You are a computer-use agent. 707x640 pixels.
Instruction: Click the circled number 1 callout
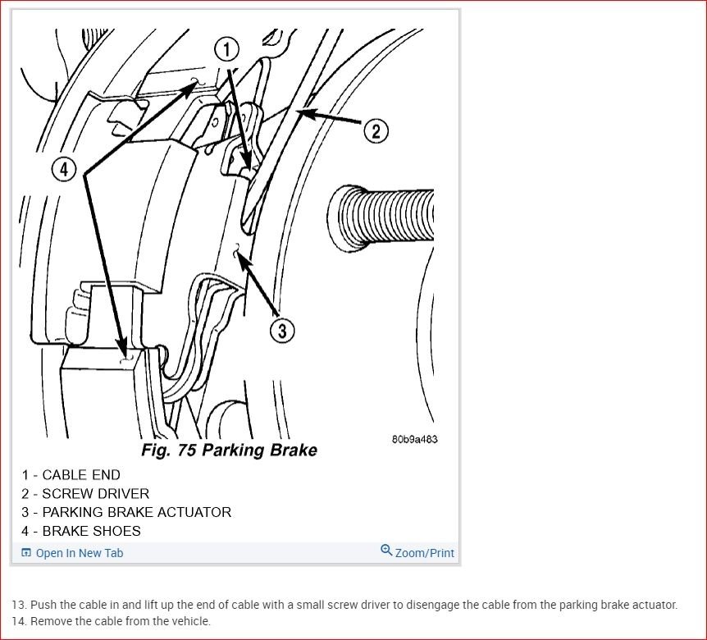click(x=227, y=49)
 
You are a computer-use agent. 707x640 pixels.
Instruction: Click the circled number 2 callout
click(x=376, y=130)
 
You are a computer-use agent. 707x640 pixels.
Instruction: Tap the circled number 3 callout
click(x=282, y=330)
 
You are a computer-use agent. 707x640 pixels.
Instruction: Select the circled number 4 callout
click(x=65, y=170)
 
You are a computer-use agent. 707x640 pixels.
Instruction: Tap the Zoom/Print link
click(x=424, y=553)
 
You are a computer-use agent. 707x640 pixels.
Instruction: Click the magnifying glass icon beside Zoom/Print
click(x=386, y=551)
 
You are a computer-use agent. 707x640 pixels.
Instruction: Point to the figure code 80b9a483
click(x=414, y=439)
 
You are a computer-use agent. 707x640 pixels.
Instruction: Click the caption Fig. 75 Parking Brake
click(x=229, y=450)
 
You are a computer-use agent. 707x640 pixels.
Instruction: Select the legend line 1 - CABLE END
click(x=71, y=475)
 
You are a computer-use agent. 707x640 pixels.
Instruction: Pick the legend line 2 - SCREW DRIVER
click(x=85, y=494)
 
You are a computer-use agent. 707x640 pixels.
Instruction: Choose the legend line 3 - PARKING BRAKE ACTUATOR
click(x=126, y=512)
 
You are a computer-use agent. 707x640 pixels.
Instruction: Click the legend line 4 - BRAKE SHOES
click(x=81, y=532)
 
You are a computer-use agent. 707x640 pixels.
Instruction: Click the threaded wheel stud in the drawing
click(x=381, y=217)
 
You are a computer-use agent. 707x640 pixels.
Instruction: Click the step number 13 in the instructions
click(x=19, y=605)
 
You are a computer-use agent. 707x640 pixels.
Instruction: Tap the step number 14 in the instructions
click(x=19, y=621)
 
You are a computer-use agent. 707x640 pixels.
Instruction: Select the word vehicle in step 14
click(x=194, y=621)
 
